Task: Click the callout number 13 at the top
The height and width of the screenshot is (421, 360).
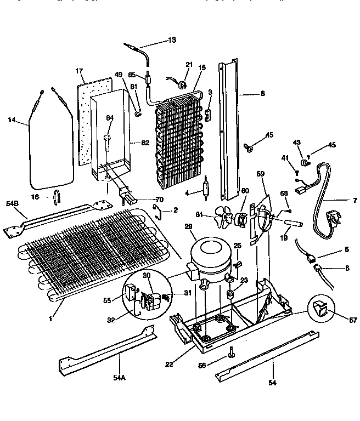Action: pos(173,41)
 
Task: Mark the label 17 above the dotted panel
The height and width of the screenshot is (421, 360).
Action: pos(80,71)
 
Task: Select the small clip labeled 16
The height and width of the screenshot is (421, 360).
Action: pos(57,196)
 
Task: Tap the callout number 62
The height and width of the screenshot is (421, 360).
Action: pos(145,144)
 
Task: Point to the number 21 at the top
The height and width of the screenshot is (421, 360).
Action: pos(189,65)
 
